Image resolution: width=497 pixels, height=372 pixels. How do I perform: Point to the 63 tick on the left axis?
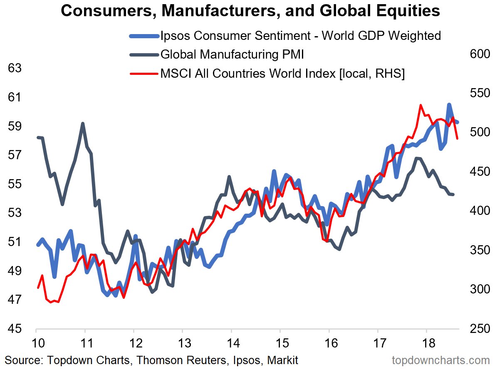pyautogui.click(x=15, y=68)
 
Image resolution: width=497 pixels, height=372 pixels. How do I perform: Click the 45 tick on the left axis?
pyautogui.click(x=15, y=329)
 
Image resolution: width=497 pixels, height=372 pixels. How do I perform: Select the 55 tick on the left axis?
pyautogui.click(x=15, y=184)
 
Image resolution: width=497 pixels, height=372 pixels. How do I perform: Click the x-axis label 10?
pyautogui.click(x=36, y=343)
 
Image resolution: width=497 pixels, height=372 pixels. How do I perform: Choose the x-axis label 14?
pyautogui.click(x=232, y=343)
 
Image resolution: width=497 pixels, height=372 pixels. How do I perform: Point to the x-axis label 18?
pyautogui.click(x=427, y=343)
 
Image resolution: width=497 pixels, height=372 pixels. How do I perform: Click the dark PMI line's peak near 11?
pyautogui.click(x=83, y=123)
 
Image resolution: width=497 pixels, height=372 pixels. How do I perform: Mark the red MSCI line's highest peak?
pyautogui.click(x=421, y=105)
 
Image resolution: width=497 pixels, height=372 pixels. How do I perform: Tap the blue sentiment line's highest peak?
pyautogui.click(x=449, y=104)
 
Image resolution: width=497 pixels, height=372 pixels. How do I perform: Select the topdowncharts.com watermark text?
pyautogui.click(x=441, y=360)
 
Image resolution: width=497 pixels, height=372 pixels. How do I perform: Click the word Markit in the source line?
pyautogui.click(x=284, y=360)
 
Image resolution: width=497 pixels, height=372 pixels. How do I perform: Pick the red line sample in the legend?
pyautogui.click(x=144, y=74)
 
